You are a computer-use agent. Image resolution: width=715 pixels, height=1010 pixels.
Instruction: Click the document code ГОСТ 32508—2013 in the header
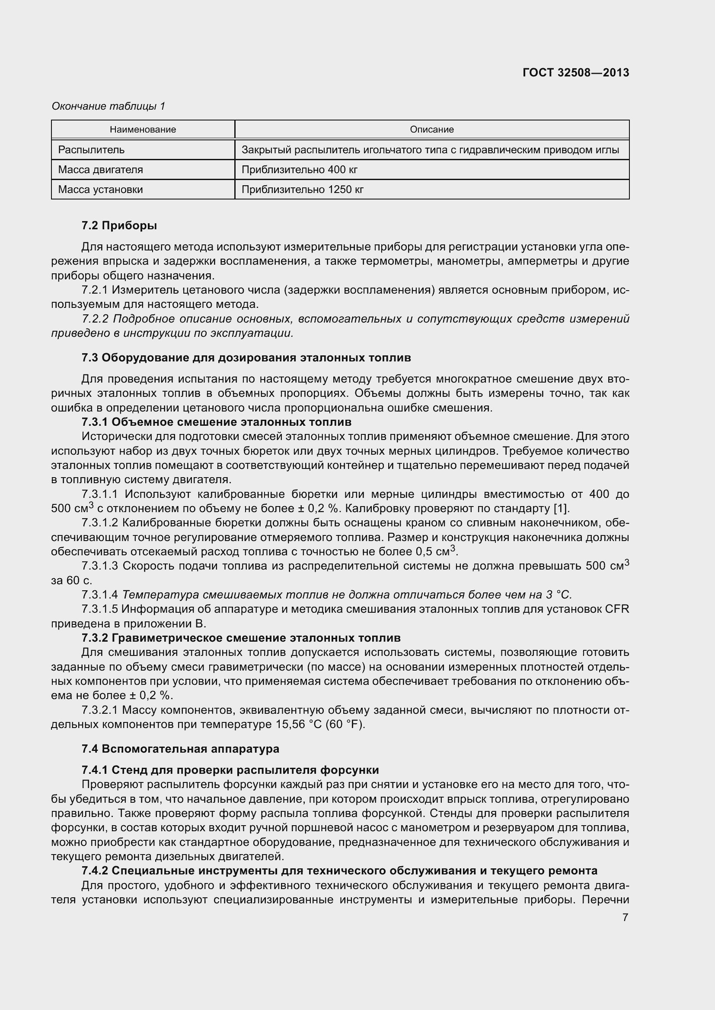pyautogui.click(x=576, y=73)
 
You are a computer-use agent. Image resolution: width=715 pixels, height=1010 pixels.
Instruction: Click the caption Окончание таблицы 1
pyautogui.click(x=109, y=106)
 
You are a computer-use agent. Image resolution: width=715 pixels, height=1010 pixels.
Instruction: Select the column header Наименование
pyautogui.click(x=143, y=130)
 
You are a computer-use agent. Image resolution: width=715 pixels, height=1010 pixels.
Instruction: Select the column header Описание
pyautogui.click(x=431, y=130)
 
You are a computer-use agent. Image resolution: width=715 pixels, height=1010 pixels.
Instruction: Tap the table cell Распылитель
pyautogui.click(x=92, y=149)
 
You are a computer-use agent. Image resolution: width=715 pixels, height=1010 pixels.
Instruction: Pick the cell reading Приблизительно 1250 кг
pyautogui.click(x=303, y=190)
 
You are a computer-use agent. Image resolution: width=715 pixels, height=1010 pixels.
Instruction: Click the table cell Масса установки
pyautogui.click(x=100, y=190)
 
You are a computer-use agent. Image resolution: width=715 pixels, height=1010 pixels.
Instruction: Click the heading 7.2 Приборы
pyautogui.click(x=119, y=226)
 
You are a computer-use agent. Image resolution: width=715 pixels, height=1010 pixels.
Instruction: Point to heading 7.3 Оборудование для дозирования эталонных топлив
pyautogui.click(x=246, y=358)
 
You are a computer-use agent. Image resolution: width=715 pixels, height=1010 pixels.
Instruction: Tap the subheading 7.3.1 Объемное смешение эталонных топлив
pyautogui.click(x=216, y=422)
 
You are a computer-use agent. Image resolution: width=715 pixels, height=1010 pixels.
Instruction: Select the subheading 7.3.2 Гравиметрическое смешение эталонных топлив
pyautogui.click(x=241, y=638)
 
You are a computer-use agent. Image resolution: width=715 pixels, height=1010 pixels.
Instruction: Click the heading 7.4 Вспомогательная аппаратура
pyautogui.click(x=180, y=749)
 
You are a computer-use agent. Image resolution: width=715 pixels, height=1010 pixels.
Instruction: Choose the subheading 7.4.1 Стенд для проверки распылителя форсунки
pyautogui.click(x=230, y=770)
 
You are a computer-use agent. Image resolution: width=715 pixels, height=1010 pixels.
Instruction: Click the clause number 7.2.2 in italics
pyautogui.click(x=95, y=319)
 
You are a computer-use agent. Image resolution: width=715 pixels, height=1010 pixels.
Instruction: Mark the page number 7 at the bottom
pyautogui.click(x=625, y=918)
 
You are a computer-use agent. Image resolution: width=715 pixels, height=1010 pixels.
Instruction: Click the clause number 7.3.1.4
pyautogui.click(x=99, y=595)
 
